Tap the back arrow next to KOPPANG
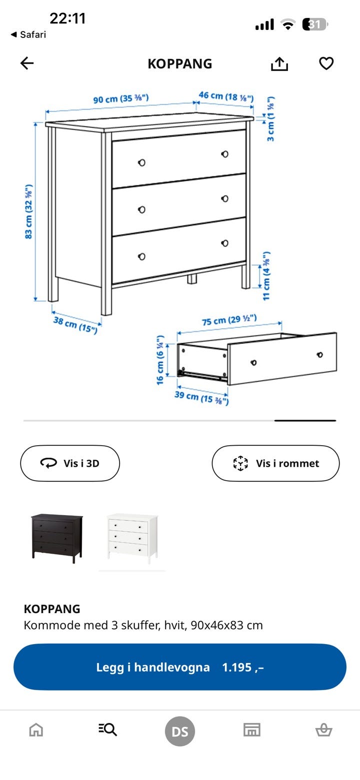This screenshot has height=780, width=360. (27, 63)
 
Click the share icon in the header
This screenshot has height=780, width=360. (279, 64)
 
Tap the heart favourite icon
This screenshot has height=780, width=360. (326, 63)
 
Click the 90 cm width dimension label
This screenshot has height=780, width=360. (121, 98)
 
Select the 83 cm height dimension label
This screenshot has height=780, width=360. (28, 211)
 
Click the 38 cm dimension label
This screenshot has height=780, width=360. (75, 324)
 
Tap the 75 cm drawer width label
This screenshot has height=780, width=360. (229, 320)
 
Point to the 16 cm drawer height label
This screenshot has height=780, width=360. (160, 360)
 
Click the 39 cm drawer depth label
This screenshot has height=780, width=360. (201, 398)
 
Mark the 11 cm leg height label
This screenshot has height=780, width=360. (266, 276)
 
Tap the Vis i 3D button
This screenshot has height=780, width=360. (70, 463)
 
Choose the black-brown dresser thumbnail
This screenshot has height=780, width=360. (57, 538)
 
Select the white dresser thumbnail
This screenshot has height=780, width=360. (132, 538)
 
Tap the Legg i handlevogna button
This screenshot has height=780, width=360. (180, 667)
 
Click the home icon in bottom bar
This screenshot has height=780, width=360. (36, 729)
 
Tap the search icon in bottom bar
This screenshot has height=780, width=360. (107, 729)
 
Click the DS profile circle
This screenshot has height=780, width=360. (180, 731)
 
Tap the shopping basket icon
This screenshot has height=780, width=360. (324, 729)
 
